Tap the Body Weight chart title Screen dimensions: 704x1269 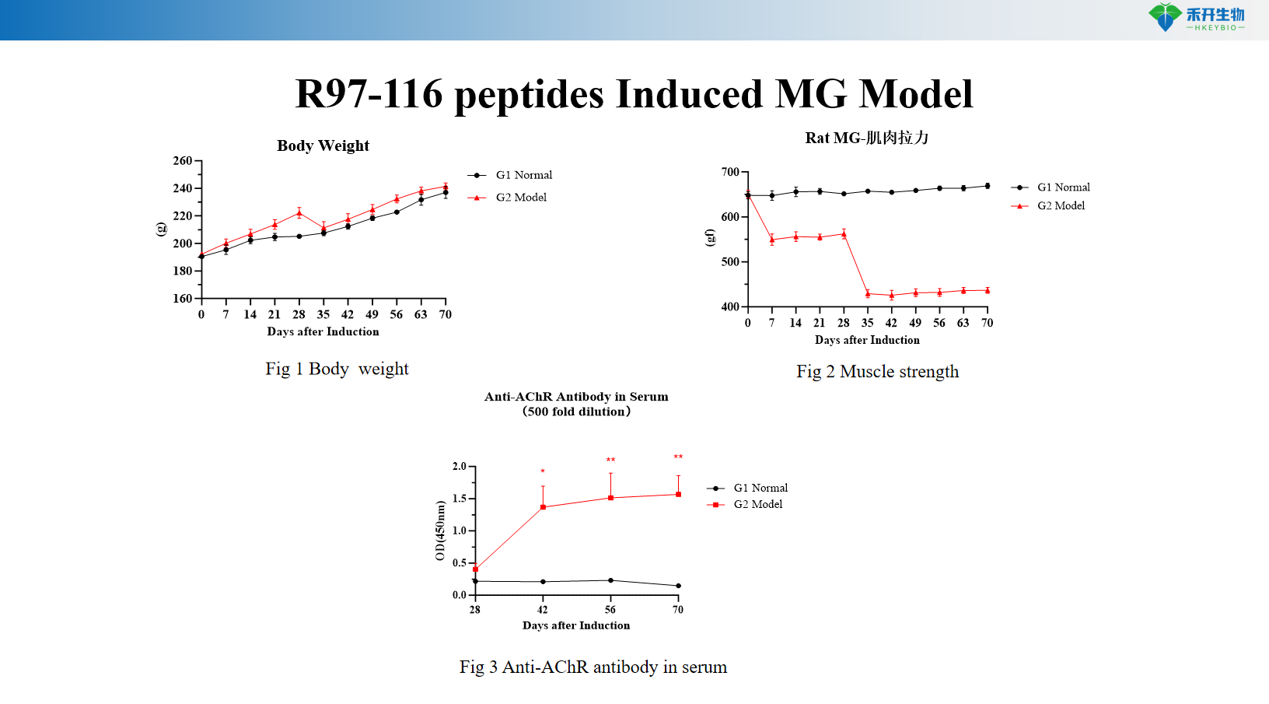(323, 145)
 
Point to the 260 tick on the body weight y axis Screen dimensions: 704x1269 (183, 161)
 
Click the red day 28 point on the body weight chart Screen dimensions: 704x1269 (299, 212)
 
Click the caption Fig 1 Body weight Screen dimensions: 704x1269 (337, 369)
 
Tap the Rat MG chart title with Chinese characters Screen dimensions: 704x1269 (866, 138)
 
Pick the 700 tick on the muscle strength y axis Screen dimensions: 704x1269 (730, 172)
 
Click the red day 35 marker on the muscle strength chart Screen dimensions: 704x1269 (868, 294)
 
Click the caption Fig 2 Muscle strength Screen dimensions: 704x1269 (877, 372)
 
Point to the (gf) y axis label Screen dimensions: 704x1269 (709, 237)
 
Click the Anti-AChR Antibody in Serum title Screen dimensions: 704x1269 (575, 397)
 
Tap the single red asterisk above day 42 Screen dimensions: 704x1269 (543, 471)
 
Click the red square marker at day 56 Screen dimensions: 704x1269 (610, 498)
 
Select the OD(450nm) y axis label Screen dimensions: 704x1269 (440, 531)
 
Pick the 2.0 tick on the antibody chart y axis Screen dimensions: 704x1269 (460, 467)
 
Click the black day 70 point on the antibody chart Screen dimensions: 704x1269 (678, 586)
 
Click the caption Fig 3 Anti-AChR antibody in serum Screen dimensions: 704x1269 (593, 667)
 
